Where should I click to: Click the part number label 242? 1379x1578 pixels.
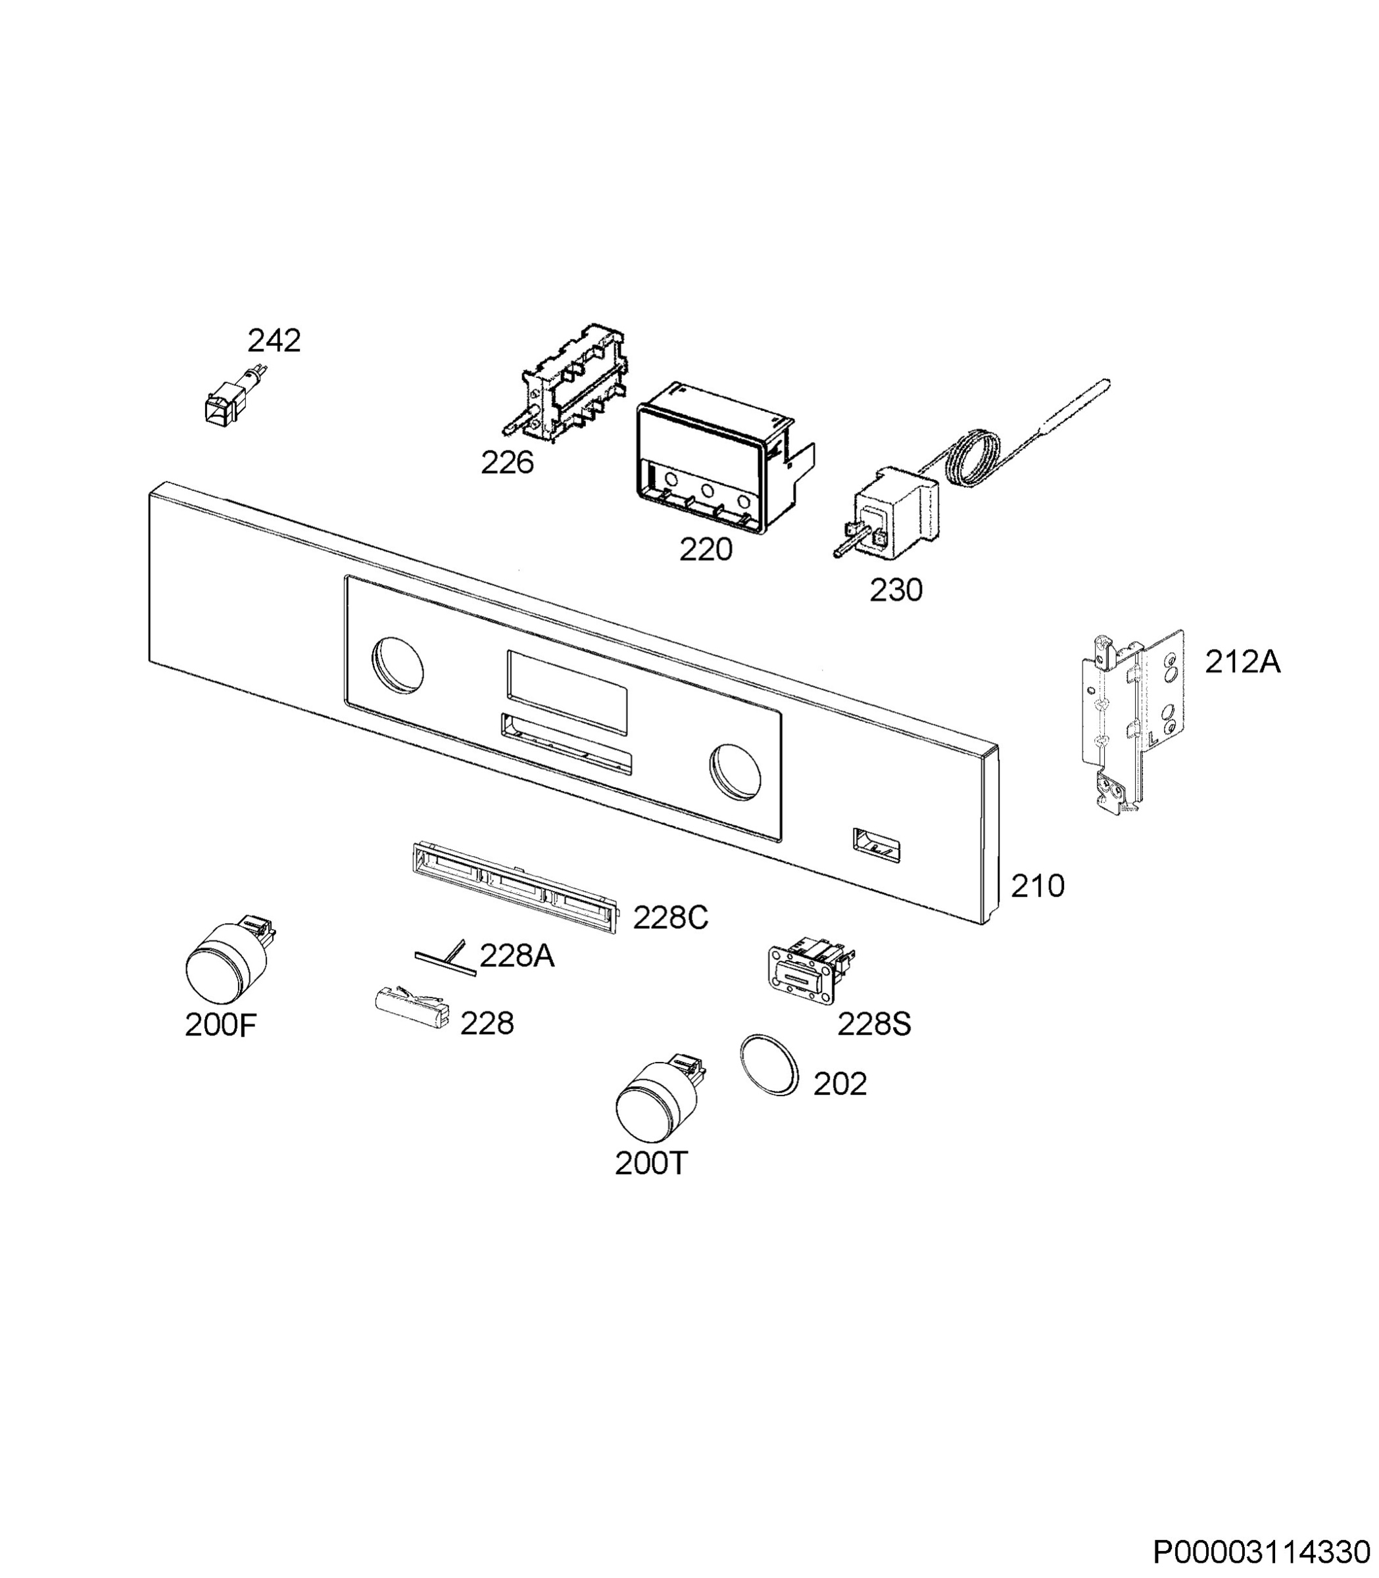(274, 340)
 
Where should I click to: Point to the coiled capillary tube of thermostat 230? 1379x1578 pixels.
(973, 461)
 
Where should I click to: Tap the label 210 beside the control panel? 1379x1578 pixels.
(1037, 886)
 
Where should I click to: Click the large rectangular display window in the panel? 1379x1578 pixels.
(567, 691)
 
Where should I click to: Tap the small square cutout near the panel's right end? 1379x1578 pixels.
(877, 845)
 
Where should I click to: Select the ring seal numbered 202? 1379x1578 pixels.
(769, 1065)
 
